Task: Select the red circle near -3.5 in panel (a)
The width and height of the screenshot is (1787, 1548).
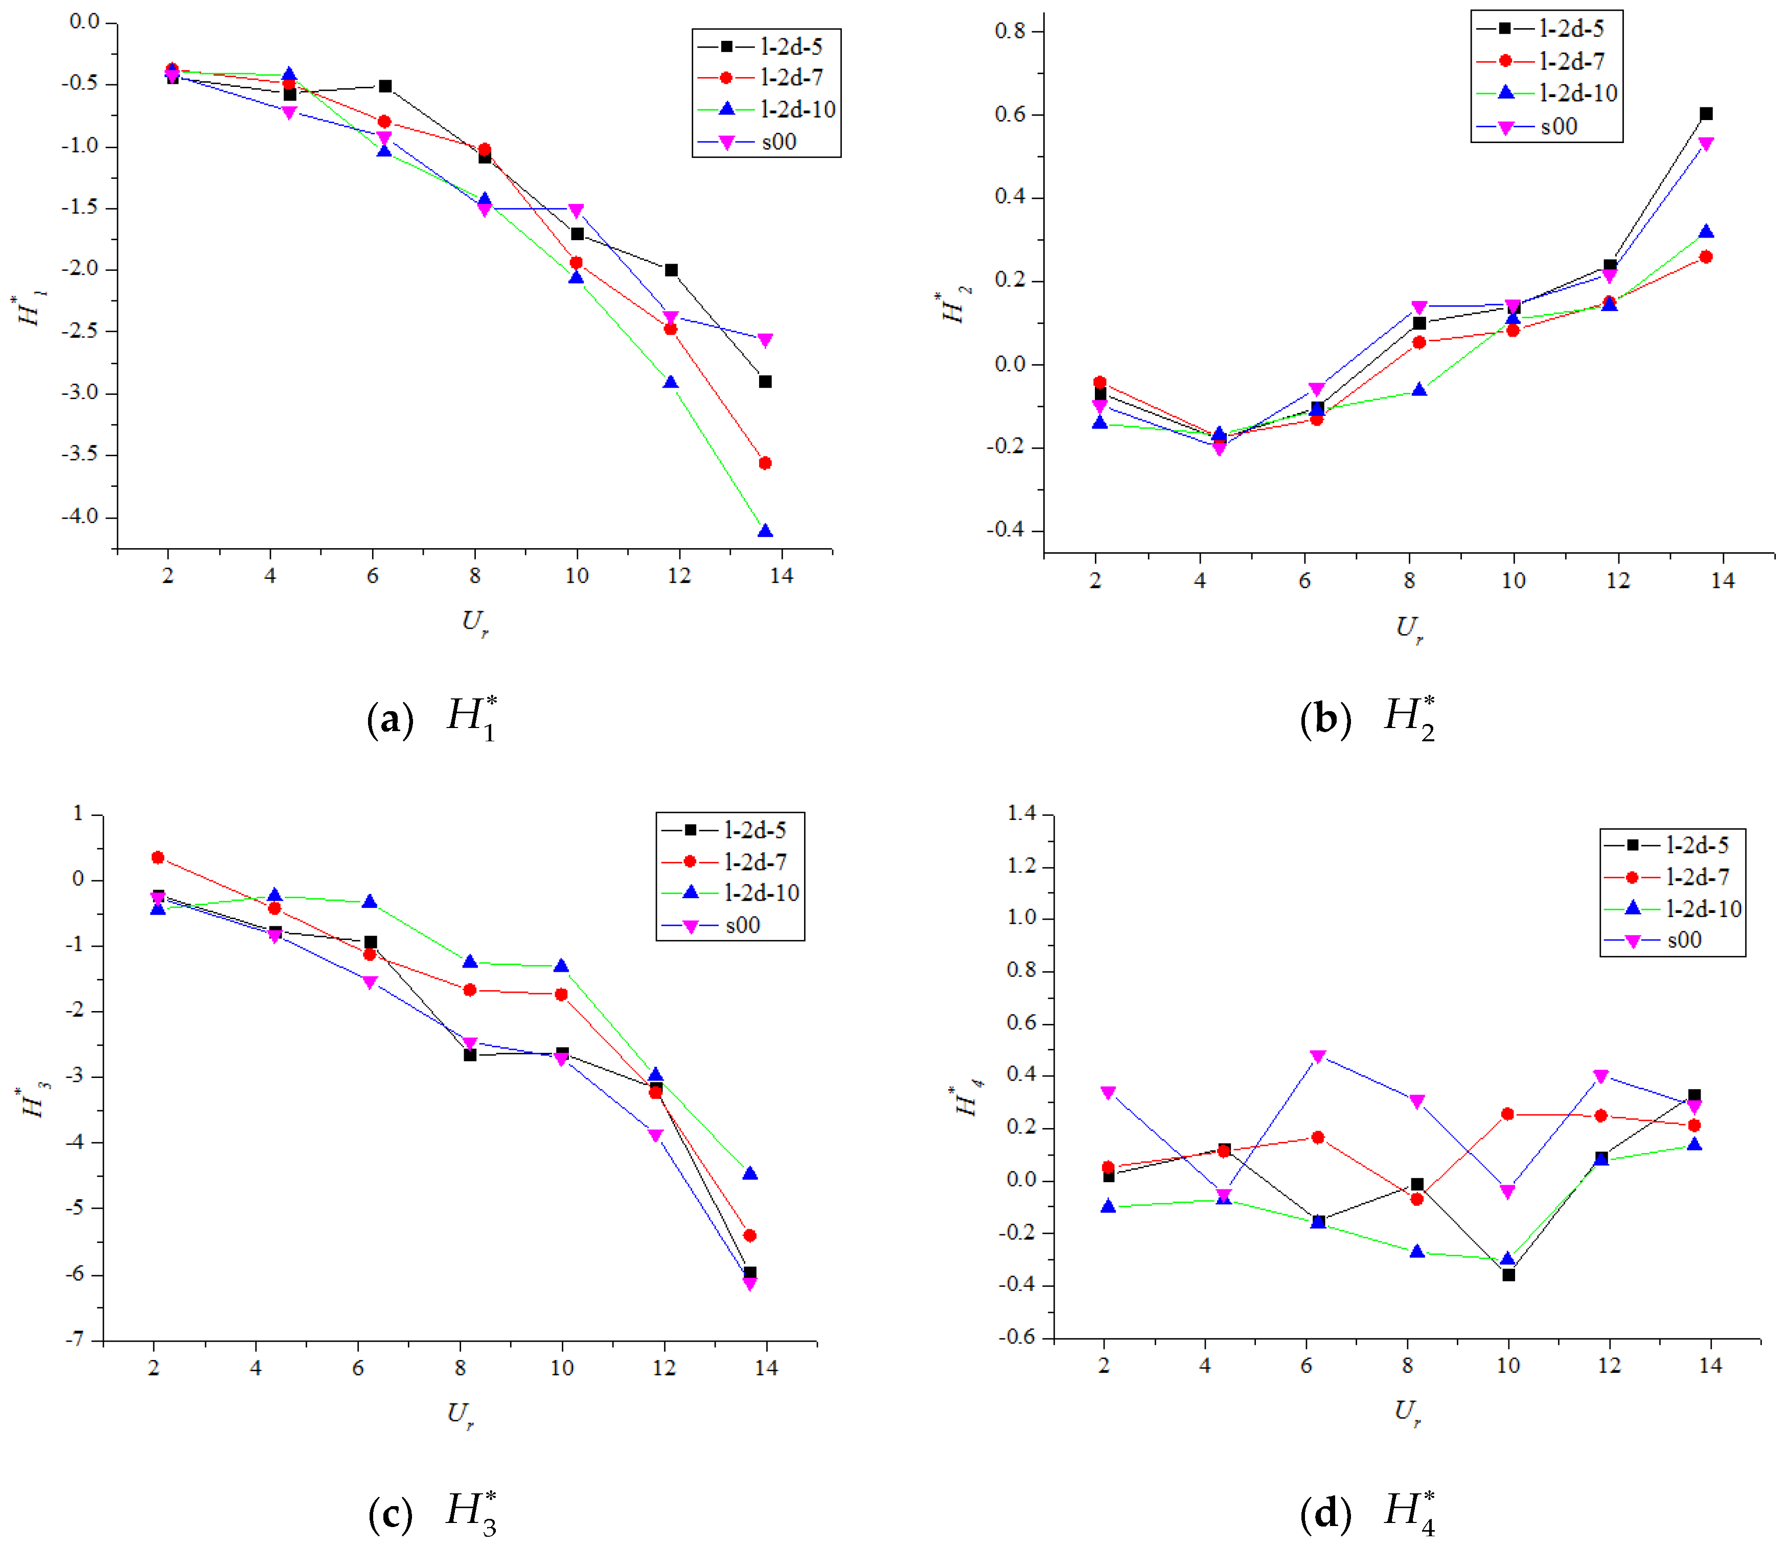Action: click(765, 463)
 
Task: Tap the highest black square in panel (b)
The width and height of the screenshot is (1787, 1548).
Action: click(1706, 113)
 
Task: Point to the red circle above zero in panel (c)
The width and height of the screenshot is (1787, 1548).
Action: click(157, 858)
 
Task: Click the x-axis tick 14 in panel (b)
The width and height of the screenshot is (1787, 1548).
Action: click(1722, 580)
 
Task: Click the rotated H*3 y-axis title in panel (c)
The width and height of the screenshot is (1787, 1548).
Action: click(35, 1103)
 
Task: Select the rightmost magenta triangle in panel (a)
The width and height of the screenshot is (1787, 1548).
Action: click(765, 340)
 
